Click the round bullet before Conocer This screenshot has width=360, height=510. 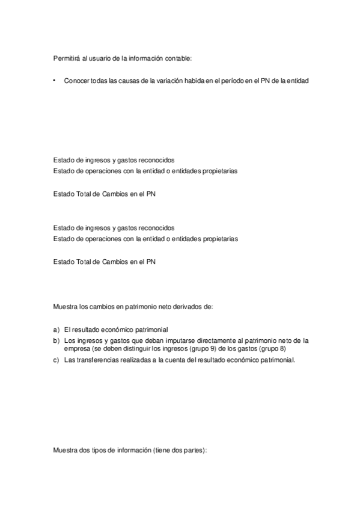pos(54,80)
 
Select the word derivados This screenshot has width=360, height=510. pos(191,307)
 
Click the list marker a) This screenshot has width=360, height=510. pos(56,330)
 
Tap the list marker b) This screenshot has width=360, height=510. pos(56,340)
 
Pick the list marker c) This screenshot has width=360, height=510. pos(56,360)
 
